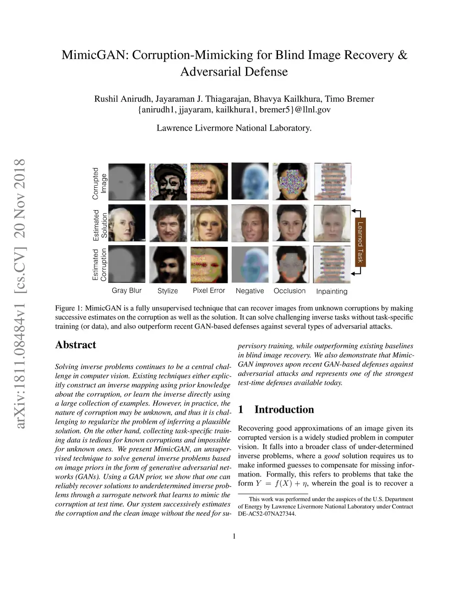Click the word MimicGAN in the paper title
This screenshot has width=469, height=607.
95,55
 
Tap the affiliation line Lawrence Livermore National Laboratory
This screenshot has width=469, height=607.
234,128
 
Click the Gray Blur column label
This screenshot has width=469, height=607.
126,290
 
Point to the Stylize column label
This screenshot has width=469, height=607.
168,291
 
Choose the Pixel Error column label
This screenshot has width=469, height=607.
209,290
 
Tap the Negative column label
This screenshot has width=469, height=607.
250,291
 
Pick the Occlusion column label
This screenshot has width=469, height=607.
289,291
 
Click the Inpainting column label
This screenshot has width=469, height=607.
332,291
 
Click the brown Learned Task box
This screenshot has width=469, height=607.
360,241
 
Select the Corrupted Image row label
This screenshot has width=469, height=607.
99,183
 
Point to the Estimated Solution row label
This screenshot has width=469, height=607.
100,224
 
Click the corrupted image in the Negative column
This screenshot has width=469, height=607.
250,182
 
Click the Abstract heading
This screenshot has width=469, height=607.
76,345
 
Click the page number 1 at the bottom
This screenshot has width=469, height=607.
234,536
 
